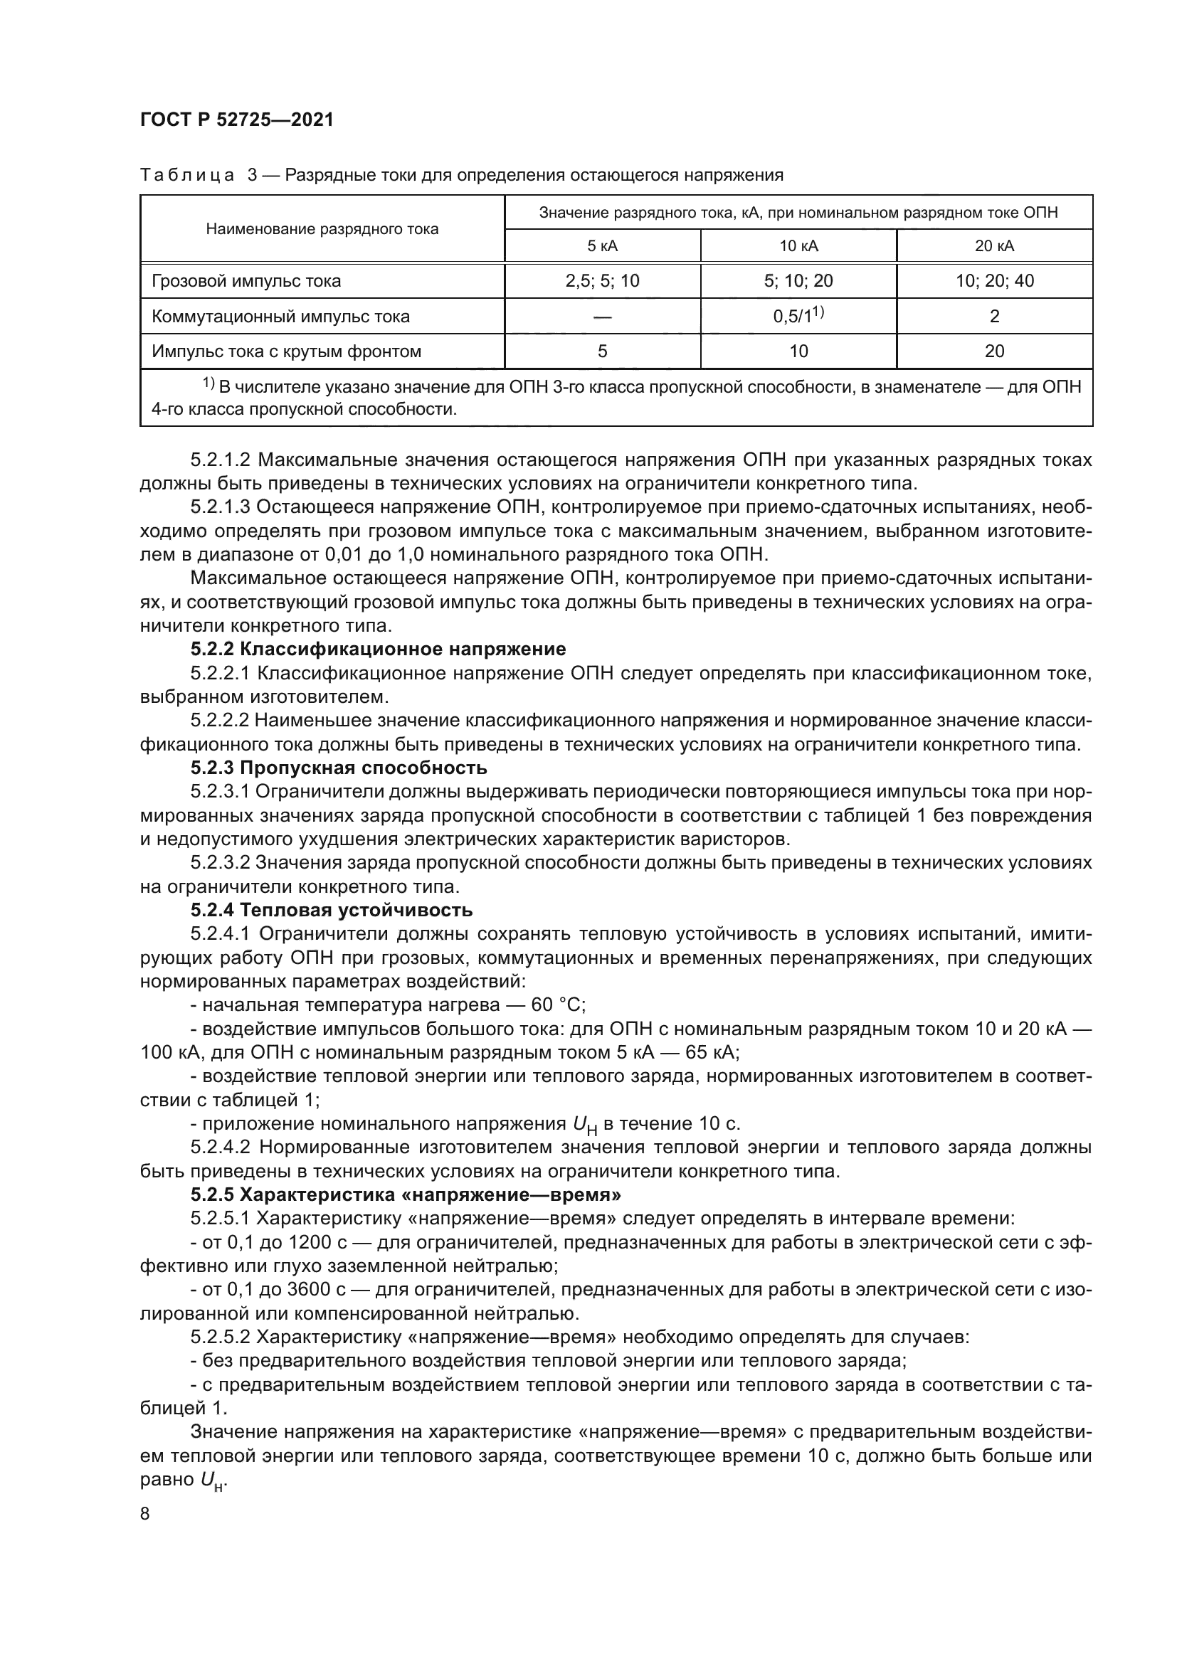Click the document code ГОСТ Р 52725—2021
click(x=236, y=120)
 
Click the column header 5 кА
click(x=602, y=245)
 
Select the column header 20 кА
click(x=994, y=245)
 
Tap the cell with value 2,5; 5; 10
click(x=602, y=281)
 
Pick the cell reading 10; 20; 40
click(x=994, y=281)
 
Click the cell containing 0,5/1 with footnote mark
click(x=798, y=316)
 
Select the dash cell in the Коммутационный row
click(x=602, y=317)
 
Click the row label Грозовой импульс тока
click(x=246, y=281)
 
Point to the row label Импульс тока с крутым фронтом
click(x=286, y=351)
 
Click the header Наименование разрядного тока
click(x=322, y=229)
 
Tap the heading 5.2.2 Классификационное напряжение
click(x=379, y=649)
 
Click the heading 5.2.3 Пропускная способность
click(x=339, y=768)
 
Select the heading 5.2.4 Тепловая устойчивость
click(x=331, y=910)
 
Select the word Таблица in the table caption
click(x=187, y=176)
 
